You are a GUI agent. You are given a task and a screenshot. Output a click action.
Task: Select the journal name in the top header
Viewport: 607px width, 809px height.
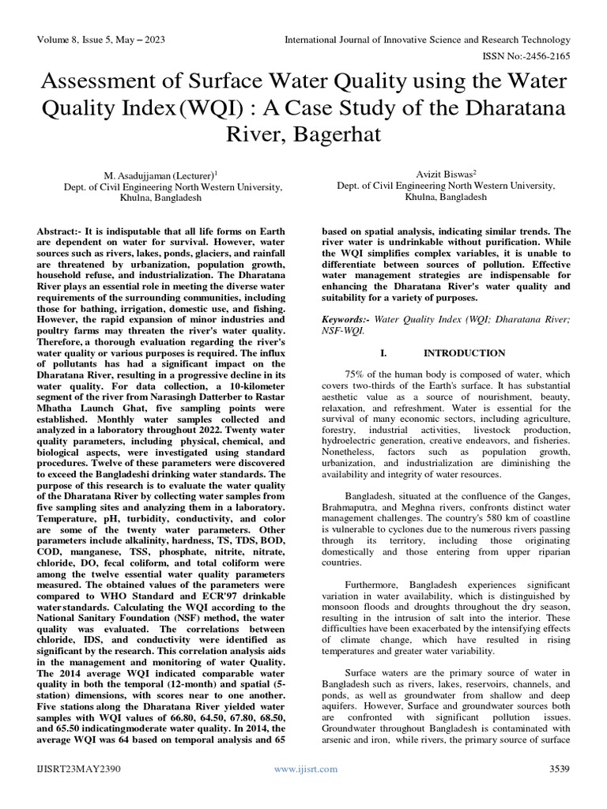(x=427, y=40)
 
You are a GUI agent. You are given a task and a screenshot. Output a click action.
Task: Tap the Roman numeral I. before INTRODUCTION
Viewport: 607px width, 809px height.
(x=383, y=352)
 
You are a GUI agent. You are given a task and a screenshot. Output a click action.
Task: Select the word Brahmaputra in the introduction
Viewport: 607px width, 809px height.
(x=349, y=506)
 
